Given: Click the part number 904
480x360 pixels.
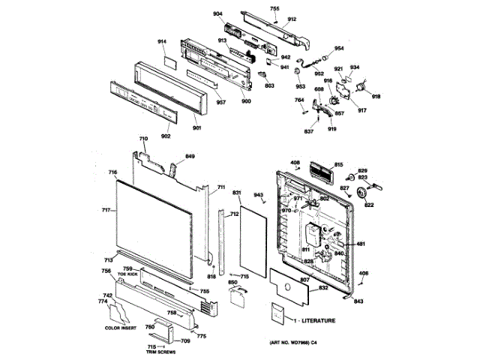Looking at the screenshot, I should pos(218,14).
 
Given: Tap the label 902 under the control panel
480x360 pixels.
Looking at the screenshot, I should pos(166,136).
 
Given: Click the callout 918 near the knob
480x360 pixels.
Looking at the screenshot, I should pos(376,97).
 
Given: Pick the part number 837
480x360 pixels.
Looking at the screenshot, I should pos(308,132).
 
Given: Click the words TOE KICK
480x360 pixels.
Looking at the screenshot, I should pos(127,274).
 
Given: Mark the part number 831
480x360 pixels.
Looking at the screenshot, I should pos(236,193).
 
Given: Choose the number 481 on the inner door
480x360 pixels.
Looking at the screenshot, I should pos(360,244).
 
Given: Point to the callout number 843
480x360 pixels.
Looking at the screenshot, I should pos(358,301).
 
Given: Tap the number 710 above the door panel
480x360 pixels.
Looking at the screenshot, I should pos(143,139).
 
